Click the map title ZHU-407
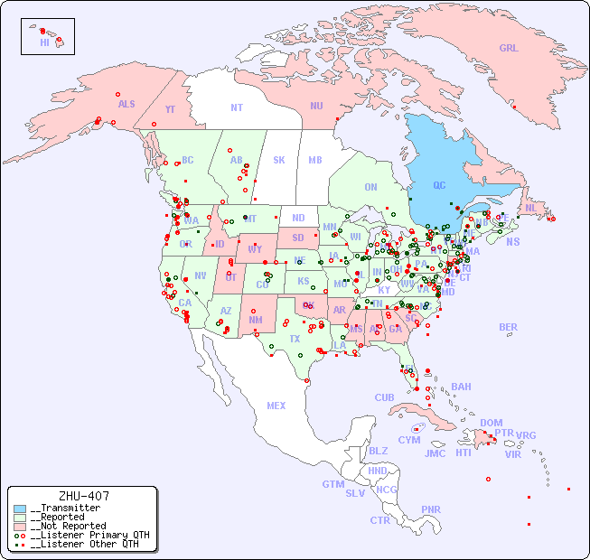[83, 496]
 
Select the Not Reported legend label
[68, 526]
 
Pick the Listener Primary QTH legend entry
[88, 535]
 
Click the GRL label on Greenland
[509, 48]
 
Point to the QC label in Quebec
[439, 186]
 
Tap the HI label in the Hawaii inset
[44, 42]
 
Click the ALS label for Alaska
[126, 105]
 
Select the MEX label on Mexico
[276, 406]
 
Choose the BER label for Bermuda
[509, 327]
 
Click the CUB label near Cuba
[385, 397]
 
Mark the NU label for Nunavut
[316, 106]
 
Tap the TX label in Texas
[295, 339]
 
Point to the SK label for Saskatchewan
[279, 160]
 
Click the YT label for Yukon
[170, 109]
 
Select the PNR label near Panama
[431, 509]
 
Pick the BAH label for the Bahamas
[461, 387]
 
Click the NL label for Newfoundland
[531, 208]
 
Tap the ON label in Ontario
[370, 187]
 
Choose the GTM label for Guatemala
[332, 484]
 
